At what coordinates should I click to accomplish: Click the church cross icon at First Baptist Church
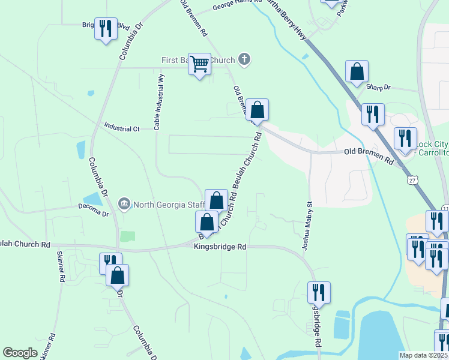coord(244,59)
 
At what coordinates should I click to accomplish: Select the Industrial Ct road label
coord(122,128)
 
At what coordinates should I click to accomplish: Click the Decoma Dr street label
coord(93,213)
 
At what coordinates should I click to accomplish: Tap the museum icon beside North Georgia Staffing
coord(124,204)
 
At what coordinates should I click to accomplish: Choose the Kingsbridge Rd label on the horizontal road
coord(220,247)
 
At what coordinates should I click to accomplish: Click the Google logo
coord(20,353)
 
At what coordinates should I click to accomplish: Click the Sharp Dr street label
coord(378,88)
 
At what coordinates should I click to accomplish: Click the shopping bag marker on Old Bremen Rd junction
coord(257,110)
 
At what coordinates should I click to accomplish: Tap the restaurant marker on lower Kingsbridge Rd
coord(318,293)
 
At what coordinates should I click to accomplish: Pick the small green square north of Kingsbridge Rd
coord(127,236)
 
